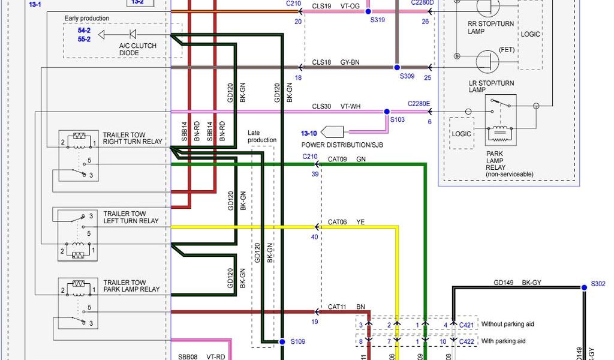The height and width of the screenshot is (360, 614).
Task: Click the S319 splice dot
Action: [368, 11]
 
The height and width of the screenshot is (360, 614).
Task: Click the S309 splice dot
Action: [396, 67]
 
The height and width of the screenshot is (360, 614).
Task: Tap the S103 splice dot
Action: [386, 112]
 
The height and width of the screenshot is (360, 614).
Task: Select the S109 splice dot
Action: [281, 341]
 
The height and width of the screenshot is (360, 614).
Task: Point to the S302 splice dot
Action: [583, 287]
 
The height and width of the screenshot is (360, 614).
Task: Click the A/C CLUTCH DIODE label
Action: [137, 49]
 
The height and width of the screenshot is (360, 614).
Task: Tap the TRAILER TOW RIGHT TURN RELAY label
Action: [132, 139]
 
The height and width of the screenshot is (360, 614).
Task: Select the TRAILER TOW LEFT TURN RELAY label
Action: [131, 217]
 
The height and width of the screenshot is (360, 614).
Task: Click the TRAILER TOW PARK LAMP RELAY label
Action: [131, 286]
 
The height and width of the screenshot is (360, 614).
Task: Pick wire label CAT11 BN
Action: [346, 307]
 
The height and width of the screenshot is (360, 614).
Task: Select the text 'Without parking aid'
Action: [507, 324]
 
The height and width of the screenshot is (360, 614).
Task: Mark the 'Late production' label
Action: [262, 136]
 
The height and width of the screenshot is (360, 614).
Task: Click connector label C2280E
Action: [419, 103]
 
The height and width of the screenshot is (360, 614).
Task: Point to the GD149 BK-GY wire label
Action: [517, 282]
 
